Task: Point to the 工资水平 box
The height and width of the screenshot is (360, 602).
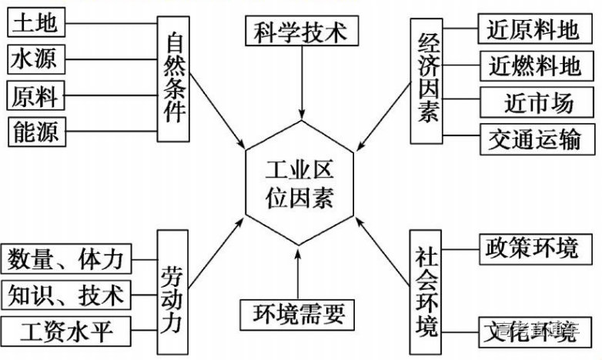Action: [x=68, y=331]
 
